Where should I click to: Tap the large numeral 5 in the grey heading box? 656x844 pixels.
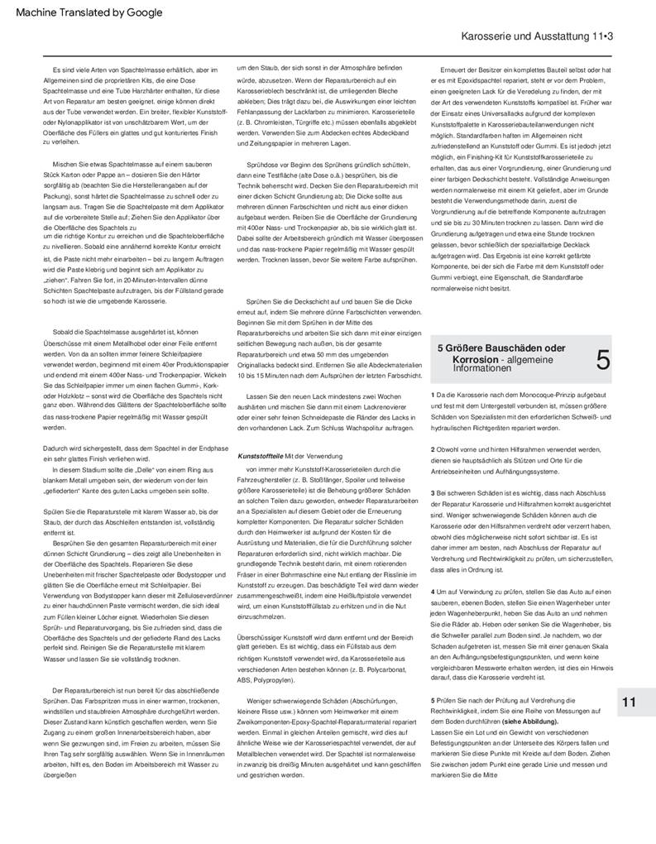click(x=603, y=359)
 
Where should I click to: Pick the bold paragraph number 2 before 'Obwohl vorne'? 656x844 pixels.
click(x=433, y=449)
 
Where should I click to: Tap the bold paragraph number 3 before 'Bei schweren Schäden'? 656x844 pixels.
click(x=433, y=493)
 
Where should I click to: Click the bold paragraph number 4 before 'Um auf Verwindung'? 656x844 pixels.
click(x=433, y=592)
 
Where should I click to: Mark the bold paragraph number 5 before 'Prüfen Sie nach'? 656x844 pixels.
click(x=433, y=701)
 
